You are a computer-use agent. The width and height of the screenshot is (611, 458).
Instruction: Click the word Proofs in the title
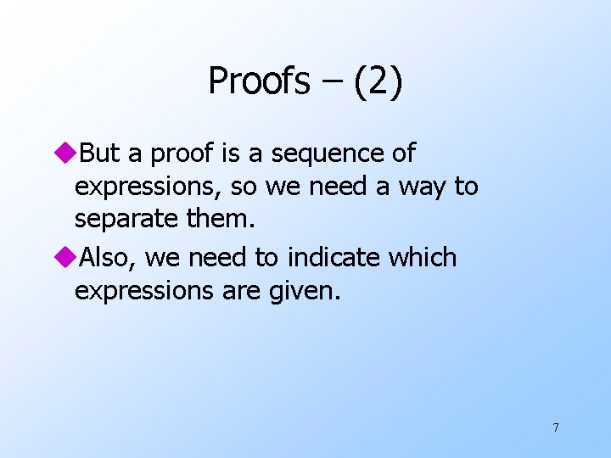259,81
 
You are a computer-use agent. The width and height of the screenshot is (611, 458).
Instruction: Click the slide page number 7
555,427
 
